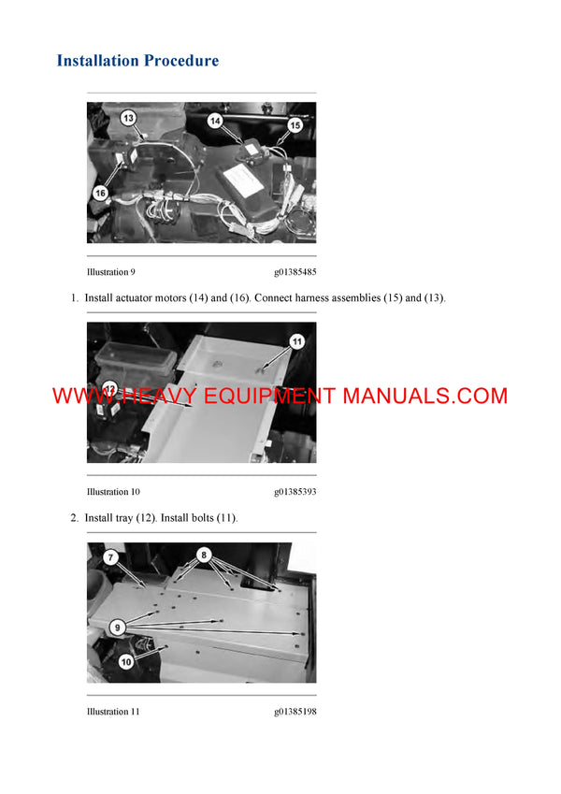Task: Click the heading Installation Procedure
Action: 137,61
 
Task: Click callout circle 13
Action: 128,118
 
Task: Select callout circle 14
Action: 215,121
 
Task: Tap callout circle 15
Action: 295,123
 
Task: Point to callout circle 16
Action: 100,193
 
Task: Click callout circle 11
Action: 296,341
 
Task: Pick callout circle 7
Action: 110,557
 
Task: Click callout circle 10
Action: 125,661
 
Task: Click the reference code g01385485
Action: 295,272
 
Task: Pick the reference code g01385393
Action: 295,492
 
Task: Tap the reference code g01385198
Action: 295,712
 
